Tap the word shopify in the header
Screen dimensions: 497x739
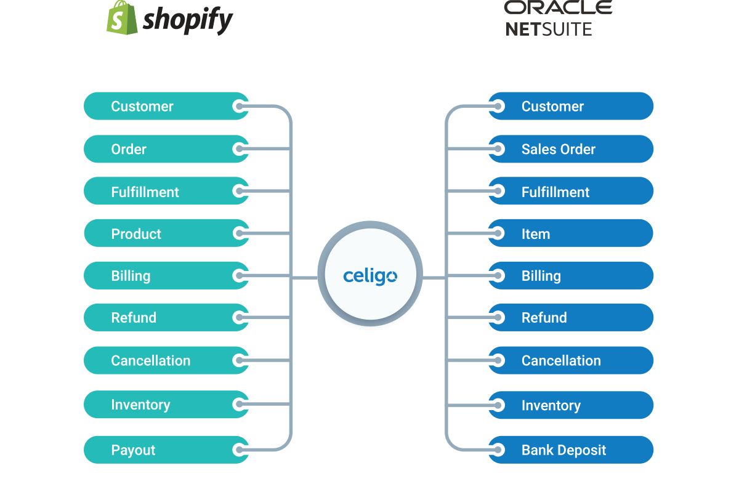click(188, 20)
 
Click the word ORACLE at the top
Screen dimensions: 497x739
click(558, 7)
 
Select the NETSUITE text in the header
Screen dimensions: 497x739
click(549, 28)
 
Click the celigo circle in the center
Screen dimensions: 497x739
click(369, 277)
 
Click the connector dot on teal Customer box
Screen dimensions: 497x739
click(238, 107)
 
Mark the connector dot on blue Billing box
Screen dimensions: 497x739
click(498, 276)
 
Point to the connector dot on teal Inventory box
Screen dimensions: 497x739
click(238, 405)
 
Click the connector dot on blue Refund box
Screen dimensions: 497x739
click(498, 318)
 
